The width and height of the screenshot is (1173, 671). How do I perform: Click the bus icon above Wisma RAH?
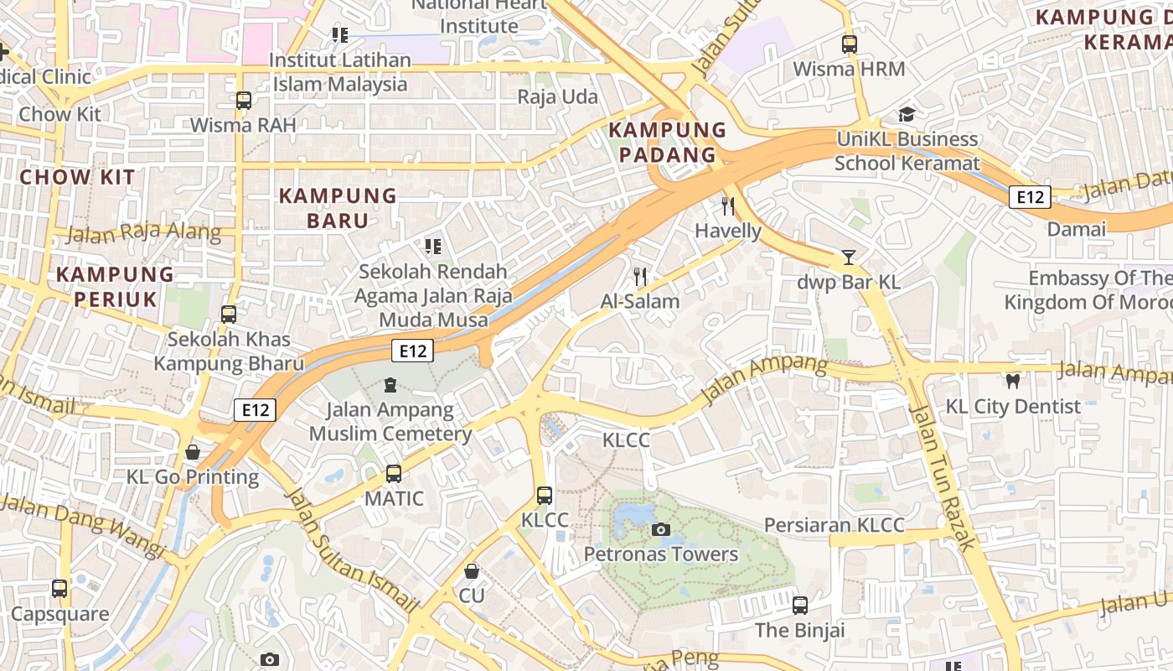click(x=243, y=101)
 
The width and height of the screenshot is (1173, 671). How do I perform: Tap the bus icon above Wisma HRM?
click(x=849, y=44)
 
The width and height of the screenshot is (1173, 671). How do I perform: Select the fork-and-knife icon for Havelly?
click(x=728, y=205)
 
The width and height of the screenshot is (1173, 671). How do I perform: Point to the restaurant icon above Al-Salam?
click(x=640, y=276)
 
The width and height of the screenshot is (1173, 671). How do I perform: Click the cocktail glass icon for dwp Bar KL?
click(x=849, y=257)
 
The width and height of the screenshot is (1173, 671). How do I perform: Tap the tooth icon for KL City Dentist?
click(x=1012, y=382)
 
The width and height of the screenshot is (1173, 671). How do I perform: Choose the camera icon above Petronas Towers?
click(x=660, y=529)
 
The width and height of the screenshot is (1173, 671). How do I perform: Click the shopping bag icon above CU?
click(x=472, y=571)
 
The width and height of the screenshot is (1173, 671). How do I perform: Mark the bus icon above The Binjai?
click(x=799, y=605)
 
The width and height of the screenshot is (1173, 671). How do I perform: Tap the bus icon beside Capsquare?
click(x=59, y=589)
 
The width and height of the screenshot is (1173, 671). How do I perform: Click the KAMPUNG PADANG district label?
click(x=667, y=143)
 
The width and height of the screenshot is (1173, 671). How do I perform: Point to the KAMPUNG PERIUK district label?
click(x=115, y=286)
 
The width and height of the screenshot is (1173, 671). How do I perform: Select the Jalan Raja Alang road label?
click(x=142, y=233)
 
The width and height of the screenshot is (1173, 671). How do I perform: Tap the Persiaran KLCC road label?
click(x=834, y=525)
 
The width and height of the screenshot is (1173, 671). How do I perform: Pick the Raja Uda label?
click(x=557, y=97)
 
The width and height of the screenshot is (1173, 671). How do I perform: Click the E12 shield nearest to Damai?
click(x=1029, y=197)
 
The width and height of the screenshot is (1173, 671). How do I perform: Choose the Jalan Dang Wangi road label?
click(x=84, y=525)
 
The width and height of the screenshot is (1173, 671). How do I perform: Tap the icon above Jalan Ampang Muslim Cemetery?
click(x=390, y=385)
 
